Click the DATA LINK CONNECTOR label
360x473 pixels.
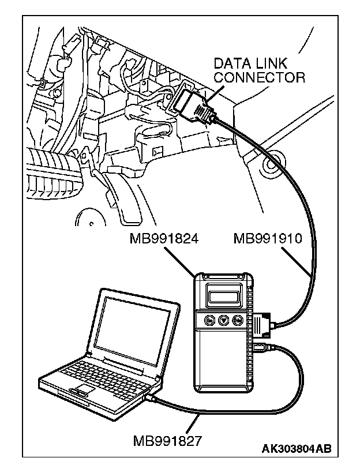point(259,70)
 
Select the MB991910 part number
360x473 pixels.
point(267,239)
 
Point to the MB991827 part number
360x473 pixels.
point(167,441)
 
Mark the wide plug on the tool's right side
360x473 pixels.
point(262,323)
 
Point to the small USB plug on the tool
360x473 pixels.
point(259,347)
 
